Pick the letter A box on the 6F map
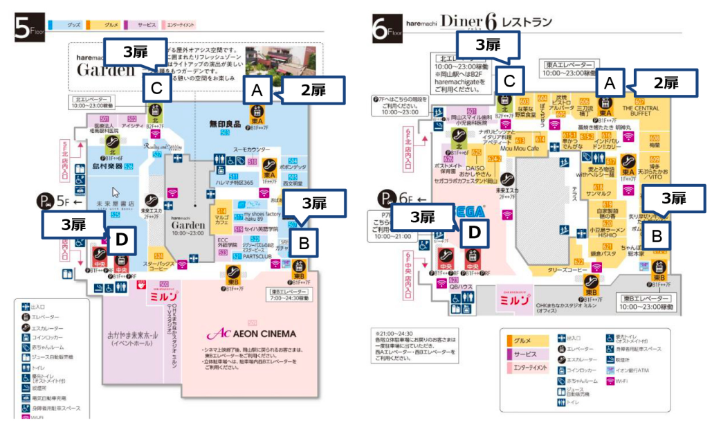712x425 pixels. coord(610,84)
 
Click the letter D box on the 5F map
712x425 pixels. coord(121,239)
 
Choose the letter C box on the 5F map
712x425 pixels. coord(157,89)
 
